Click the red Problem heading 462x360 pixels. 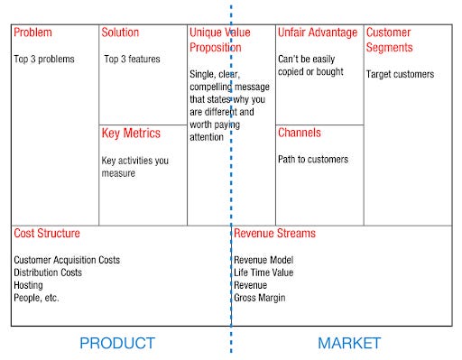pyautogui.click(x=32, y=33)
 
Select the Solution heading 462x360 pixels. pyautogui.click(x=120, y=33)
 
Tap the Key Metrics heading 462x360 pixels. pyautogui.click(x=131, y=134)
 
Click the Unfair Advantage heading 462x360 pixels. pyautogui.click(x=317, y=33)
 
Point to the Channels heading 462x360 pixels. pyautogui.click(x=299, y=134)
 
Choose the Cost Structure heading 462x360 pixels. pyautogui.click(x=47, y=234)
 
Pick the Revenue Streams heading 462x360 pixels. pyautogui.click(x=275, y=234)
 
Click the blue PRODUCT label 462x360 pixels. pyautogui.click(x=117, y=344)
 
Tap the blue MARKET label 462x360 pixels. pyautogui.click(x=349, y=344)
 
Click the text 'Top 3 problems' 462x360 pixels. pyautogui.click(x=44, y=60)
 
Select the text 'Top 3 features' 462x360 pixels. pyautogui.click(x=132, y=60)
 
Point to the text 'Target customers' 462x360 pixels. pyautogui.click(x=400, y=75)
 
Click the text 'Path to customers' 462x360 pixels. pyautogui.click(x=312, y=160)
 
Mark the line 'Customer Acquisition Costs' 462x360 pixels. pyautogui.click(x=67, y=260)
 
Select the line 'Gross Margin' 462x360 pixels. pyautogui.click(x=260, y=298)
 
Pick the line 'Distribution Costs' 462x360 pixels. pyautogui.click(x=48, y=272)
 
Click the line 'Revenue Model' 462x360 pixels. pyautogui.click(x=264, y=260)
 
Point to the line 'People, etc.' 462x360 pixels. pyautogui.click(x=36, y=298)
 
